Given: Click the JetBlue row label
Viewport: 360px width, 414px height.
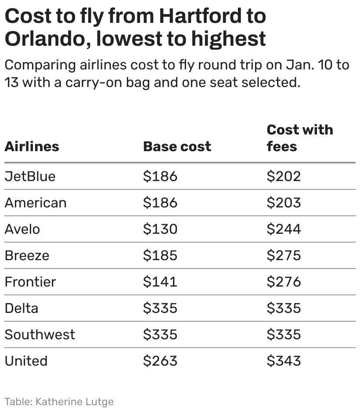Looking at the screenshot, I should click(30, 176).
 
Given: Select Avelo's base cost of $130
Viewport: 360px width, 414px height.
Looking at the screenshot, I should click(160, 229).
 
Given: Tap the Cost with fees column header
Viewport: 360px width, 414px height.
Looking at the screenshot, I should click(300, 138).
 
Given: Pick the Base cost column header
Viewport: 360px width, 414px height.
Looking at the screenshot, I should click(177, 146).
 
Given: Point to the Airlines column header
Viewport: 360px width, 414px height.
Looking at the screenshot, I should click(32, 146).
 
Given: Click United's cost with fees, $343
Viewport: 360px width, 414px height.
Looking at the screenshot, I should click(284, 361).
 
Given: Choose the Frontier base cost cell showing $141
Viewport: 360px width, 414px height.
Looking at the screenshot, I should click(160, 282).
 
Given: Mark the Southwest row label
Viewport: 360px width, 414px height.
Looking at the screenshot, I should click(40, 334).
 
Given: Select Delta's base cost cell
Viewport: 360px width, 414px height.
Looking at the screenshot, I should click(160, 308).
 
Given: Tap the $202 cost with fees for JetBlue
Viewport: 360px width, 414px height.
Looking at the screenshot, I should click(284, 176).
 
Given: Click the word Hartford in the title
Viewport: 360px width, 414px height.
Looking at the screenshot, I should click(212, 16).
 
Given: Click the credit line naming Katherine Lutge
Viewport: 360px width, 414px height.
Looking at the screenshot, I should click(59, 401).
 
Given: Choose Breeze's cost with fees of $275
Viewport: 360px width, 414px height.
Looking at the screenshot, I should click(284, 255).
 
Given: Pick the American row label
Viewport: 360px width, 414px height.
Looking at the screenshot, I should click(36, 203).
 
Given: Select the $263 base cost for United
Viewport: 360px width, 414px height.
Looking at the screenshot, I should click(160, 361).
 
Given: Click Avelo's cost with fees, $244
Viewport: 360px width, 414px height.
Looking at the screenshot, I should click(284, 229).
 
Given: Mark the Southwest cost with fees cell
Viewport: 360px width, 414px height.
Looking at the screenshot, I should click(284, 334).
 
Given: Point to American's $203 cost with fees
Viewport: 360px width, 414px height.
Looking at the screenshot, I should click(284, 203).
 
